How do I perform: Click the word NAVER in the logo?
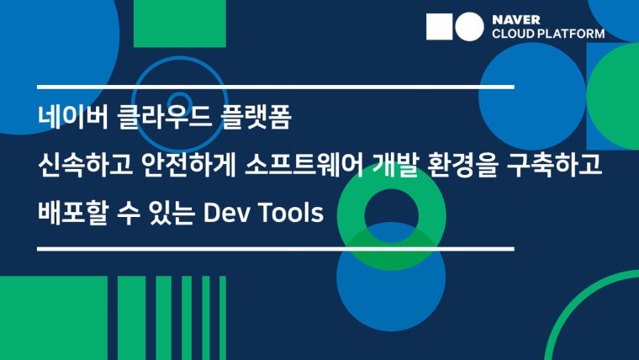point(516,19)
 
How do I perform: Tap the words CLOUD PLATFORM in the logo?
point(548,34)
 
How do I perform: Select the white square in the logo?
point(439,27)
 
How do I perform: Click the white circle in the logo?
point(469,27)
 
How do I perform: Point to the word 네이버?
point(73,117)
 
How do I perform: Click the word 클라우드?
point(164,117)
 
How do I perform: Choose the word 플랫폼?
point(256,117)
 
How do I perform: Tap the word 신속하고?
point(85,165)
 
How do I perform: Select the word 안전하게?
point(189,165)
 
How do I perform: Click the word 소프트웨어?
point(304,165)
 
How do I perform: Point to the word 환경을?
point(462,165)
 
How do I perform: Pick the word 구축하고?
point(554,165)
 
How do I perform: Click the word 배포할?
point(73,213)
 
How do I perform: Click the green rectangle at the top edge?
point(180,24)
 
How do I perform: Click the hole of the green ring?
point(391,215)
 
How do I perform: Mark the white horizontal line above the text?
point(276,87)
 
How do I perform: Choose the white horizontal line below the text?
point(276,249)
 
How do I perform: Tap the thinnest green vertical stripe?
point(223,318)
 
